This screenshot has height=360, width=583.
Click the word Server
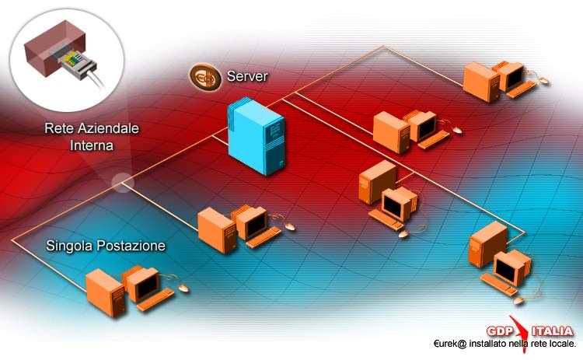247,76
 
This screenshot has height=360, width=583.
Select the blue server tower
257,136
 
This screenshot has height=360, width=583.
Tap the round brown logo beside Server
206,77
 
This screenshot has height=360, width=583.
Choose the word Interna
92,145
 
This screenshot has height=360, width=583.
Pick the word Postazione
131,246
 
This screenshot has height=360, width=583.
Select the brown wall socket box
55,47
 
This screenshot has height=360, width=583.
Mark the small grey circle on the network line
123,183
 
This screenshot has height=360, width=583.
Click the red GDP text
500,331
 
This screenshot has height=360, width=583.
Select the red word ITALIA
552,331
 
